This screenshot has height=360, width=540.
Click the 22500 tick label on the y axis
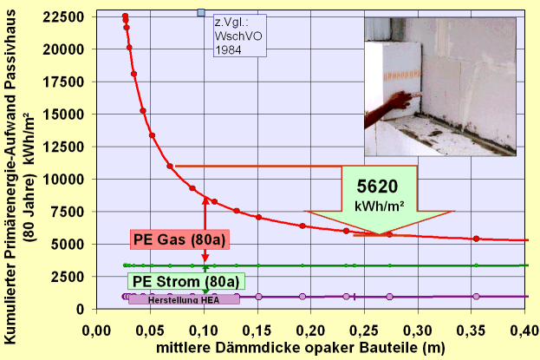click(x=66, y=17)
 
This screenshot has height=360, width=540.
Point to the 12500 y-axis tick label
click(x=66, y=147)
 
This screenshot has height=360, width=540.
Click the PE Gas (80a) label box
click(x=179, y=239)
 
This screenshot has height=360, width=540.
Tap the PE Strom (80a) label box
click(x=185, y=280)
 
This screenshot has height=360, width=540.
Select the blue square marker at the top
click(x=201, y=12)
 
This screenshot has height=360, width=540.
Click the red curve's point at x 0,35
click(x=476, y=239)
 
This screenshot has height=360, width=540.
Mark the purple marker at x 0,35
click(x=476, y=297)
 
